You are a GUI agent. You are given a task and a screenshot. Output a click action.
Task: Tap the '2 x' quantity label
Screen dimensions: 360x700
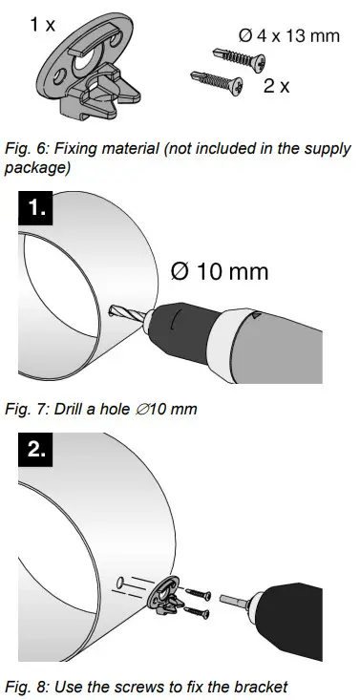click(x=277, y=85)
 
